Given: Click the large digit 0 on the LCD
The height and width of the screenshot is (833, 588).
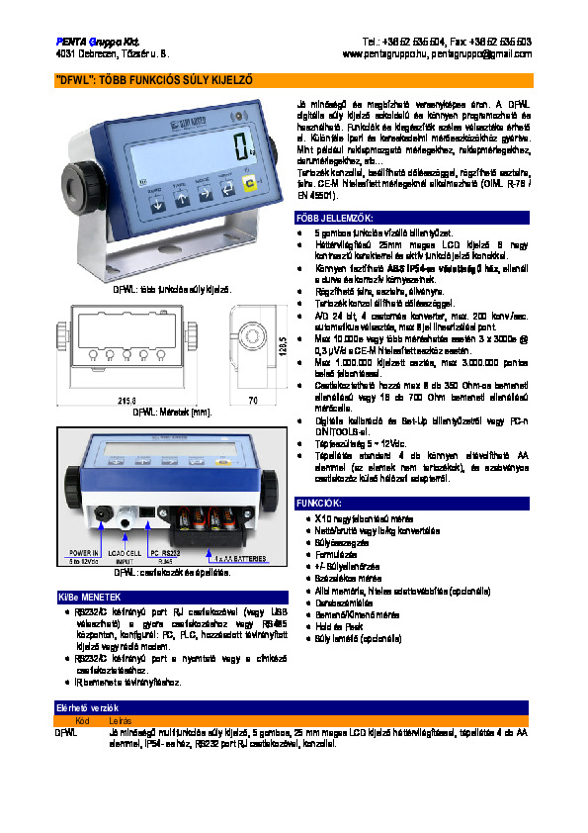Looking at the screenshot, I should point(240,148).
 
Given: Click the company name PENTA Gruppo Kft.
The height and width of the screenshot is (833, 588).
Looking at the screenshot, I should point(91,42).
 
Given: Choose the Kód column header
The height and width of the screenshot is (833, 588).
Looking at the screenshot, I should point(83,721).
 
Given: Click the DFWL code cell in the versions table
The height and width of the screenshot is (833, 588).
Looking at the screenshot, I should point(65,732).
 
